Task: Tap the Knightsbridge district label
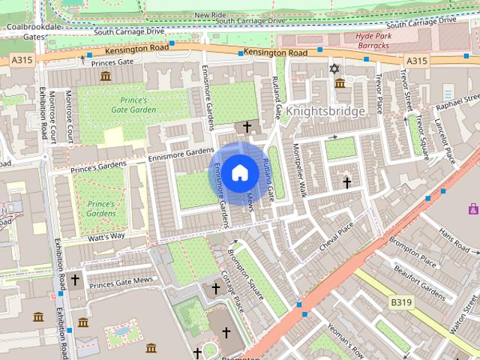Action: (325, 111)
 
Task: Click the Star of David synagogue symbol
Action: (334, 69)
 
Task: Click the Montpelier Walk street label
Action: (300, 170)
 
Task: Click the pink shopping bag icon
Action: (473, 208)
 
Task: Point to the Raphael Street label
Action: (460, 103)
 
